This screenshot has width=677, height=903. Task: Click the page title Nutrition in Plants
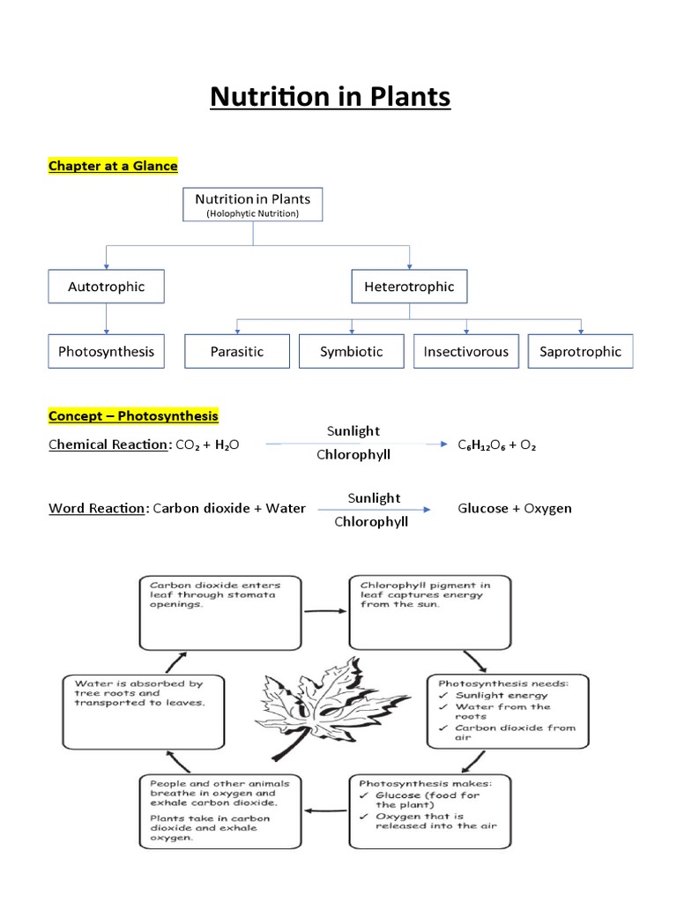click(x=330, y=96)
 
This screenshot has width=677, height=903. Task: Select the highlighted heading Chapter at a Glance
click(x=113, y=166)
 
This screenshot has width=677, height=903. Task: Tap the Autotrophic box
click(x=106, y=287)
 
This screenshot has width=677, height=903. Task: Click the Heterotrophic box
click(x=409, y=287)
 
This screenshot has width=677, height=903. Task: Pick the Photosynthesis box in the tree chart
click(x=106, y=351)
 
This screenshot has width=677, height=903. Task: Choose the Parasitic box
click(x=236, y=351)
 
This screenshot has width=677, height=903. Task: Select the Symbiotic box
click(x=352, y=351)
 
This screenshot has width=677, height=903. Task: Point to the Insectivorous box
click(x=465, y=351)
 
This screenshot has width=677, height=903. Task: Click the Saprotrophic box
click(x=580, y=351)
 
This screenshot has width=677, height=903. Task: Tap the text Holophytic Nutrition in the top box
click(x=253, y=214)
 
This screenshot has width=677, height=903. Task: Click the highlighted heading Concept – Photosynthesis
click(x=133, y=415)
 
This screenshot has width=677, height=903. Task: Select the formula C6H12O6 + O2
click(x=496, y=445)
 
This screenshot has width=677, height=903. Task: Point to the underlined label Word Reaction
click(x=96, y=508)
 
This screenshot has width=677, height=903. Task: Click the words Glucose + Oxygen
click(x=515, y=508)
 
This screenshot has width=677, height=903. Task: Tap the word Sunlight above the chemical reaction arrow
click(x=353, y=431)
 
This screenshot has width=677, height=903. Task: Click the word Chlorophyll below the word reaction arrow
click(x=371, y=521)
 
